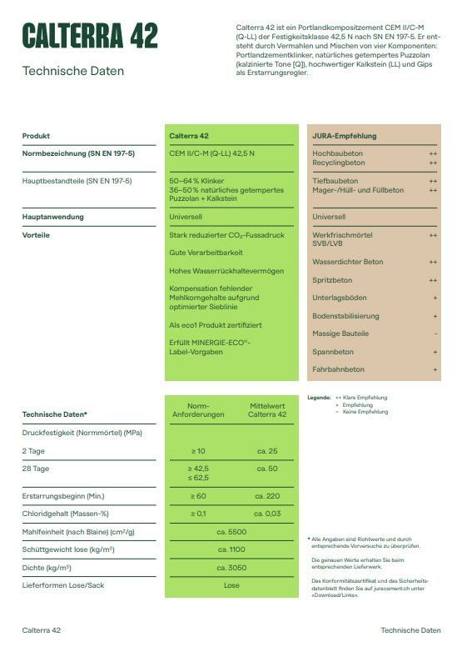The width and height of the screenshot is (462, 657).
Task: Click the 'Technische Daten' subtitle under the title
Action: pyautogui.click(x=73, y=71)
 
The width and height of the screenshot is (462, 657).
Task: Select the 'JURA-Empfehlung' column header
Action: pyautogui.click(x=344, y=136)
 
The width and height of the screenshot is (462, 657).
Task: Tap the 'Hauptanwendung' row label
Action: pyautogui.click(x=53, y=217)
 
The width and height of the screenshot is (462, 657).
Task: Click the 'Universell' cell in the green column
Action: pyautogui.click(x=186, y=217)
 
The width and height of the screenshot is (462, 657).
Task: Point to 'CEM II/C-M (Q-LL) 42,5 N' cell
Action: pyautogui.click(x=211, y=154)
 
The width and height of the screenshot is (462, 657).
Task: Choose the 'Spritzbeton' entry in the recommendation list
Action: pyautogui.click(x=332, y=280)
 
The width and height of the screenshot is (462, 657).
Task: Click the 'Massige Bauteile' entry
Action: pyautogui.click(x=340, y=334)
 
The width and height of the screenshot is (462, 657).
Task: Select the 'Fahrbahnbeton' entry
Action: pyautogui.click(x=338, y=369)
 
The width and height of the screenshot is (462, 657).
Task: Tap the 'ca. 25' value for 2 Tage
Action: pyautogui.click(x=267, y=451)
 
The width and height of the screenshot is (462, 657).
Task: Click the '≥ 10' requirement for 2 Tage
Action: pyautogui.click(x=198, y=451)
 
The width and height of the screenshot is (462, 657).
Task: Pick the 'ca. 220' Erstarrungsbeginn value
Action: pyautogui.click(x=267, y=496)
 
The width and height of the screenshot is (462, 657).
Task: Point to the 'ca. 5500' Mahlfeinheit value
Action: pyautogui.click(x=231, y=532)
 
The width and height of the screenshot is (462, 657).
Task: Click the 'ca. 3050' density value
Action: pyautogui.click(x=231, y=568)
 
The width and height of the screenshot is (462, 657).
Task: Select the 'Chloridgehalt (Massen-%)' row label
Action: pyautogui.click(x=65, y=514)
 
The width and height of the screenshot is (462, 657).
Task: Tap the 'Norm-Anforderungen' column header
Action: pyautogui.click(x=198, y=409)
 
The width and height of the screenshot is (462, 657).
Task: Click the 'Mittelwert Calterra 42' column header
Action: pyautogui.click(x=267, y=409)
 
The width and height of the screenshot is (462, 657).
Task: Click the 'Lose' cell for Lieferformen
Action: pyautogui.click(x=231, y=585)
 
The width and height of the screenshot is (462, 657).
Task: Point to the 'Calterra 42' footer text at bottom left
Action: pyautogui.click(x=42, y=630)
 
